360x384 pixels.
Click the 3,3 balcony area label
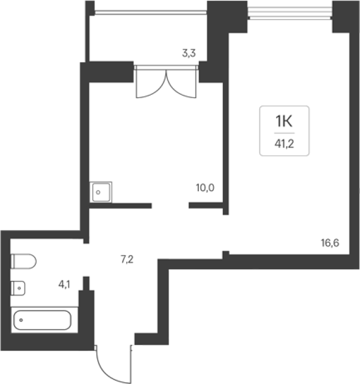189,53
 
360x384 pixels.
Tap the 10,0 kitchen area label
205,188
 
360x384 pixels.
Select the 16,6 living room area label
330,243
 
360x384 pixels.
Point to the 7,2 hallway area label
127,259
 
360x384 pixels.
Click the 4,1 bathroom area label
64,284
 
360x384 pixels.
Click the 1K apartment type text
284,121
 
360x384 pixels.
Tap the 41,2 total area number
284,144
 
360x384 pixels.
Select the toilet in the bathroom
24,261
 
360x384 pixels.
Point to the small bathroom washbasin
18,288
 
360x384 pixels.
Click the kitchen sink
101,192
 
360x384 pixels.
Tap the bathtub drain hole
21,320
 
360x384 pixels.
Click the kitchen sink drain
98,192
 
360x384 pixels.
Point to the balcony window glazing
151,12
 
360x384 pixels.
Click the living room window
290,13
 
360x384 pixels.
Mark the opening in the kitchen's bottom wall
170,206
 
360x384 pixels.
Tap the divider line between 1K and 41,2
284,133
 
